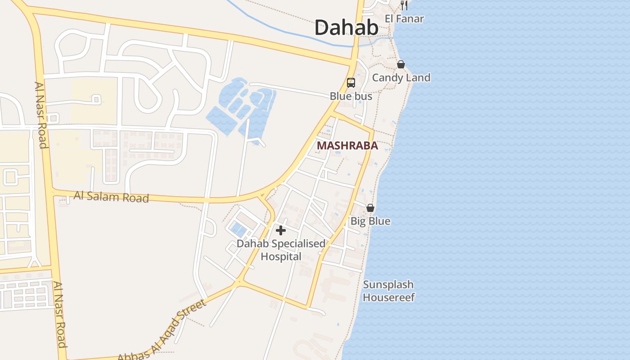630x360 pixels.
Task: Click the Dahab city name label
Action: pos(346,27)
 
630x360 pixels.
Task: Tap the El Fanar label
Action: pos(404,19)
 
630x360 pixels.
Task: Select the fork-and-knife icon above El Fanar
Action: pos(404,5)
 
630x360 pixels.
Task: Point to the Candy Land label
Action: pos(401,77)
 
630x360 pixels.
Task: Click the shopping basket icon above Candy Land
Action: pos(401,65)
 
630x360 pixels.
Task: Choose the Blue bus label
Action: pos(351,96)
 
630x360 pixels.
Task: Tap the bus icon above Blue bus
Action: pos(351,83)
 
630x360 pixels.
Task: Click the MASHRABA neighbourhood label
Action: pos(347,146)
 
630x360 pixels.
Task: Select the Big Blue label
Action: pos(370,221)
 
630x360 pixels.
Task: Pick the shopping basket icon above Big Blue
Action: pos(370,208)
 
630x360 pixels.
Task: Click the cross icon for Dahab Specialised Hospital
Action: pos(281,231)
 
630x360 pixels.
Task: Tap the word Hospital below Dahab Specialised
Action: pos(281,256)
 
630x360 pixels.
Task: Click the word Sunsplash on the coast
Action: pos(388,284)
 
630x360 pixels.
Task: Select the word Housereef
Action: pos(389,297)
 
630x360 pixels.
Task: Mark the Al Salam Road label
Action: pos(111,197)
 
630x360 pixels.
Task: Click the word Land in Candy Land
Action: pos(418,77)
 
